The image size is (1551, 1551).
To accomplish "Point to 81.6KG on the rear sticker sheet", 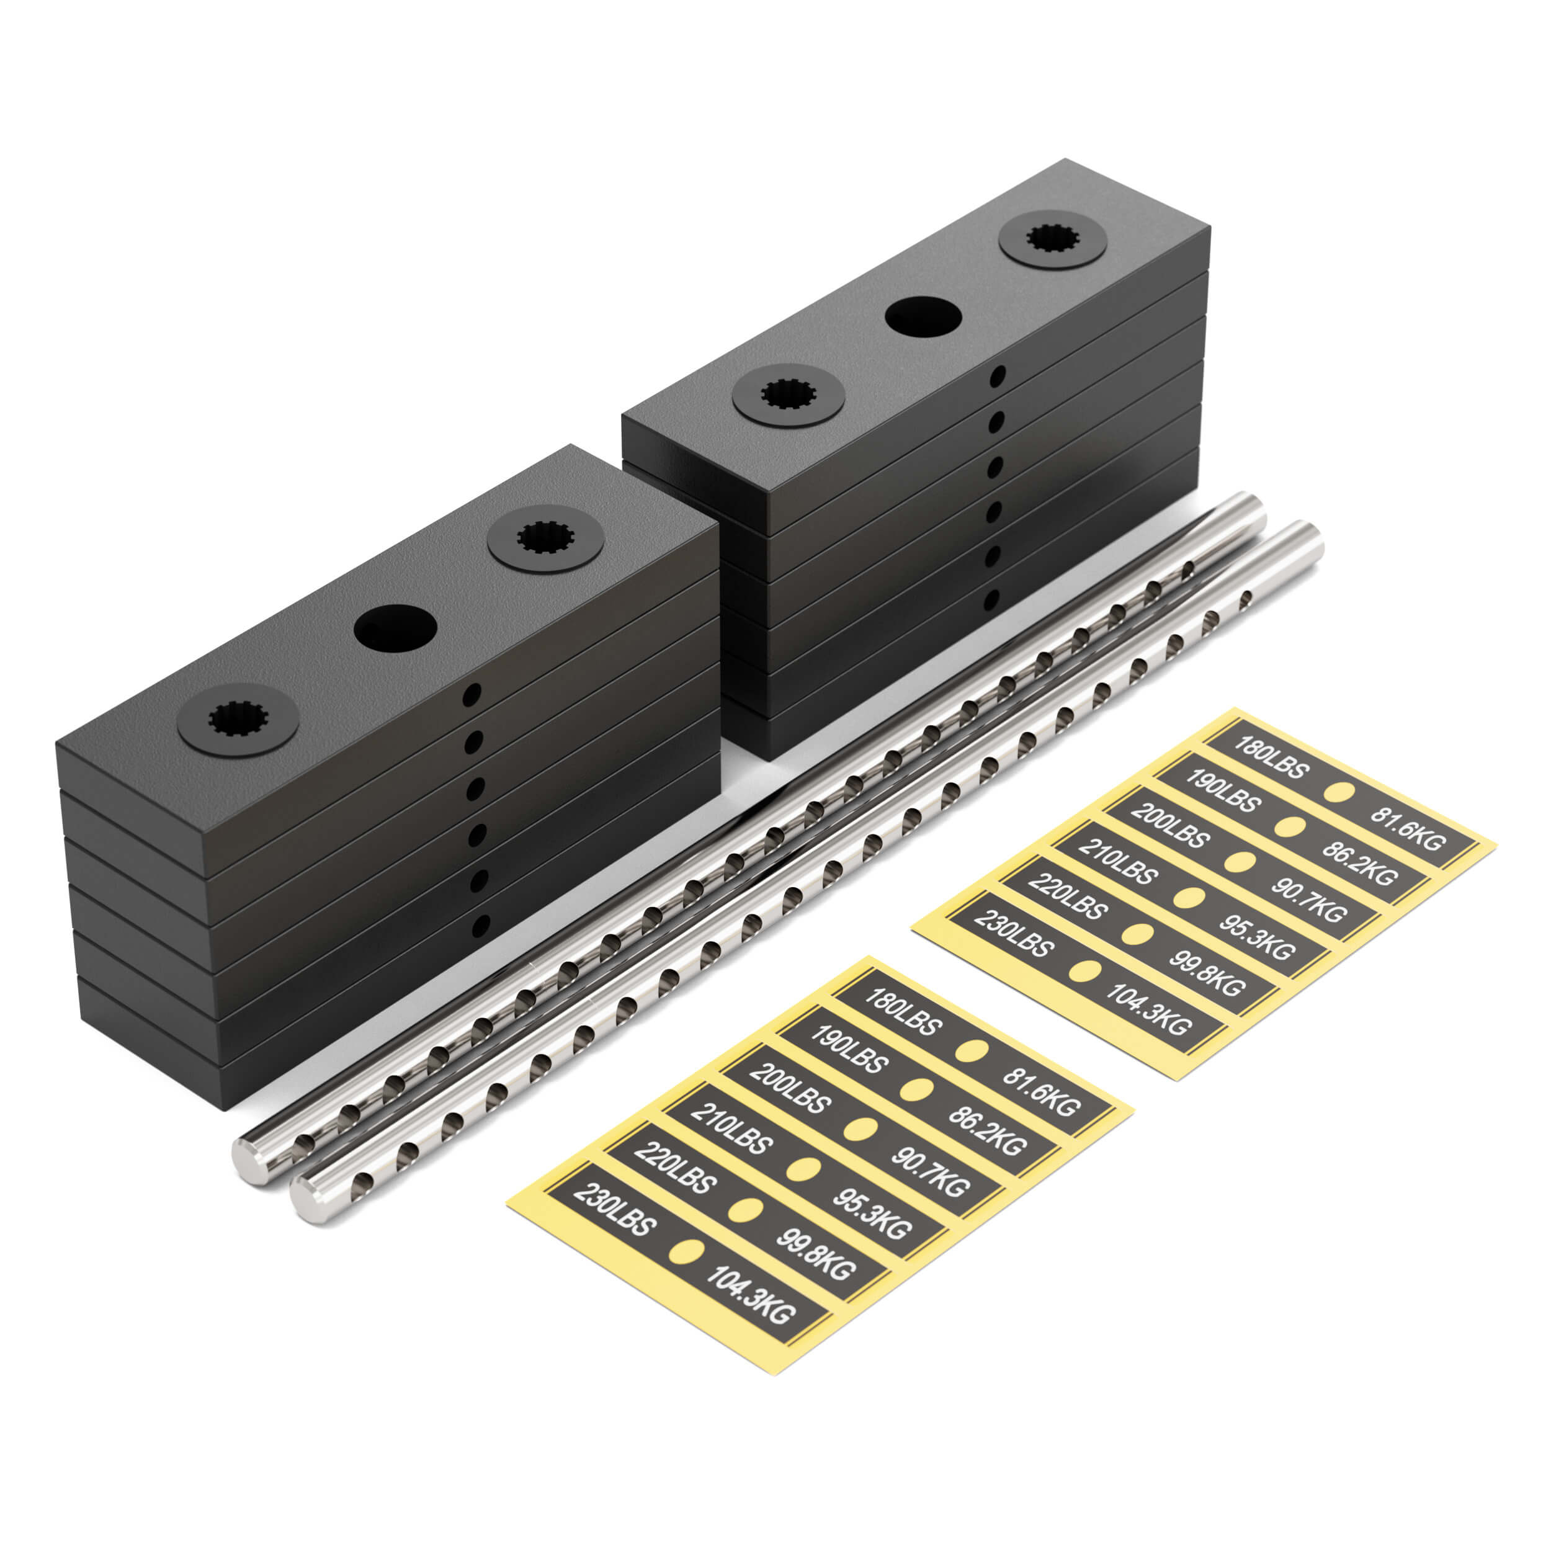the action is pos(1406,828).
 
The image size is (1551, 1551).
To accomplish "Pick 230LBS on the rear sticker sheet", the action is pos(1012,934).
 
